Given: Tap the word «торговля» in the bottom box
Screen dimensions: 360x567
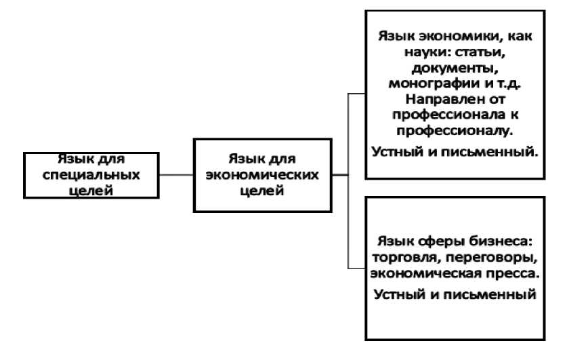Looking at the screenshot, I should pyautogui.click(x=404, y=258).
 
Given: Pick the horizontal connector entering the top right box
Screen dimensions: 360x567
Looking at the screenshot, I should pyautogui.click(x=356, y=96).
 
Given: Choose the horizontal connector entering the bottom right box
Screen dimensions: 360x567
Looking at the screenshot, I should pyautogui.click(x=356, y=265).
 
